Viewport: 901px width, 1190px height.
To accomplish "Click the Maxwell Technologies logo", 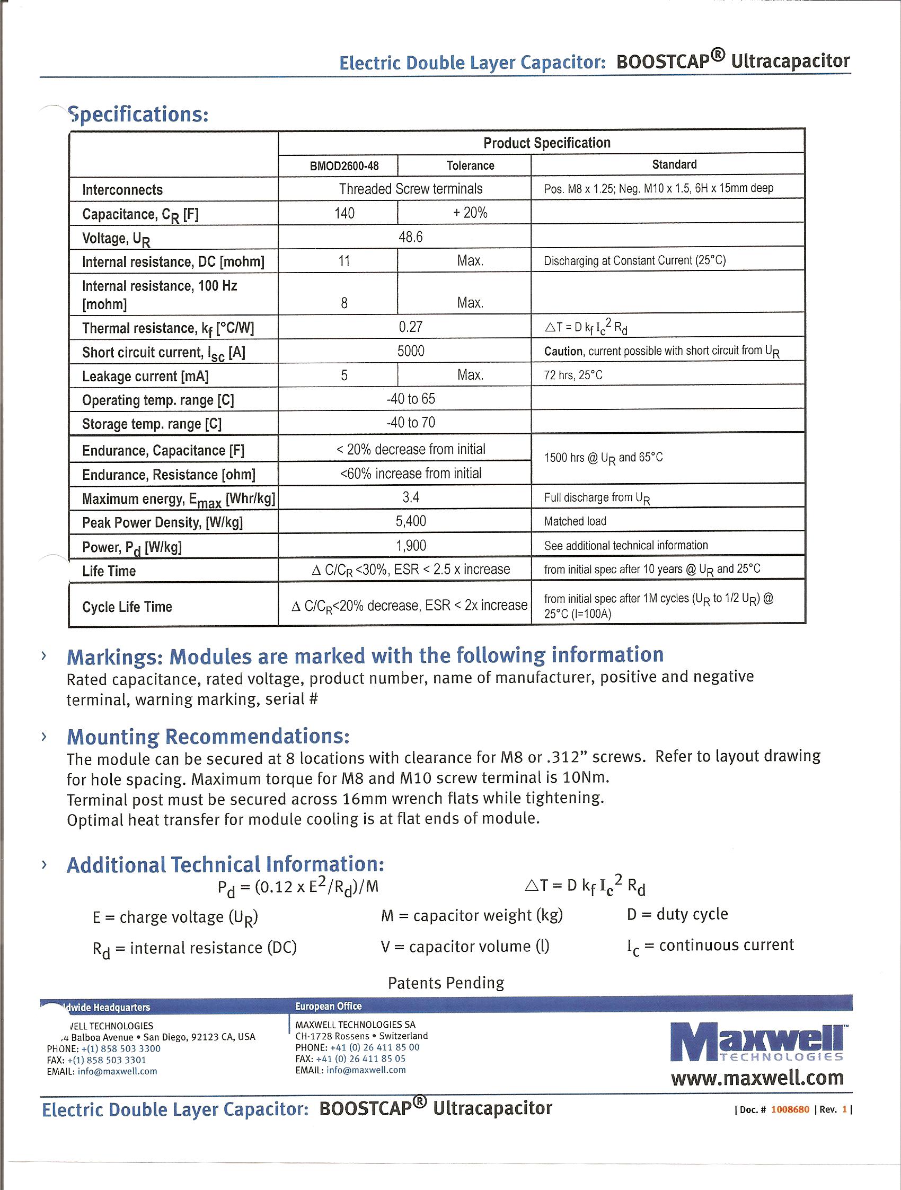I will coord(757,1042).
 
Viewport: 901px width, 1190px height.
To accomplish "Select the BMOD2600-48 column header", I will coord(344,165).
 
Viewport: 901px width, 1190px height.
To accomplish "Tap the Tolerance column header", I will coord(470,165).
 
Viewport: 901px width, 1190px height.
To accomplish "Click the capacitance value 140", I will coord(344,213).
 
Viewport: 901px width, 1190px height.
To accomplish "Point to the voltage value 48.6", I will coord(411,237).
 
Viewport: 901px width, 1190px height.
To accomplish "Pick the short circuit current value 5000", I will coord(411,351).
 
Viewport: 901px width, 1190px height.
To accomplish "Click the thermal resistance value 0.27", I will coord(411,327).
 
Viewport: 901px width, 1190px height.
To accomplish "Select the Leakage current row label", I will coord(145,376).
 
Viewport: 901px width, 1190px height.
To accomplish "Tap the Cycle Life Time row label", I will coord(127,607).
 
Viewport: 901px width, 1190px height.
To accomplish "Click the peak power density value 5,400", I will coord(411,521).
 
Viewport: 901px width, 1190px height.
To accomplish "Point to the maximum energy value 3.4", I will coord(411,497).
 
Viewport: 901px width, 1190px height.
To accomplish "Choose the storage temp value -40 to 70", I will coord(411,423).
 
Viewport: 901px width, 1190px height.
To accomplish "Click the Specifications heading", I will coord(138,115).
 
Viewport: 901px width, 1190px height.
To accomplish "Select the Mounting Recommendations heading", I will coord(208,736).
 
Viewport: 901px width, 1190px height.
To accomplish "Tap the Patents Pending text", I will coord(446,983).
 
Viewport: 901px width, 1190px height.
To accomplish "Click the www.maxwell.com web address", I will coord(757,1078).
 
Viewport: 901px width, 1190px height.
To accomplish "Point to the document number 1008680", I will coord(790,1109).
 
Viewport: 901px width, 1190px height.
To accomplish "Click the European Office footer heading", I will coord(328,1006).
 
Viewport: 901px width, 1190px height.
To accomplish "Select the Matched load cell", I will coord(575,521).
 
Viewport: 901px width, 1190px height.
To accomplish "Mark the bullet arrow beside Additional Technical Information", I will coord(44,865).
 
